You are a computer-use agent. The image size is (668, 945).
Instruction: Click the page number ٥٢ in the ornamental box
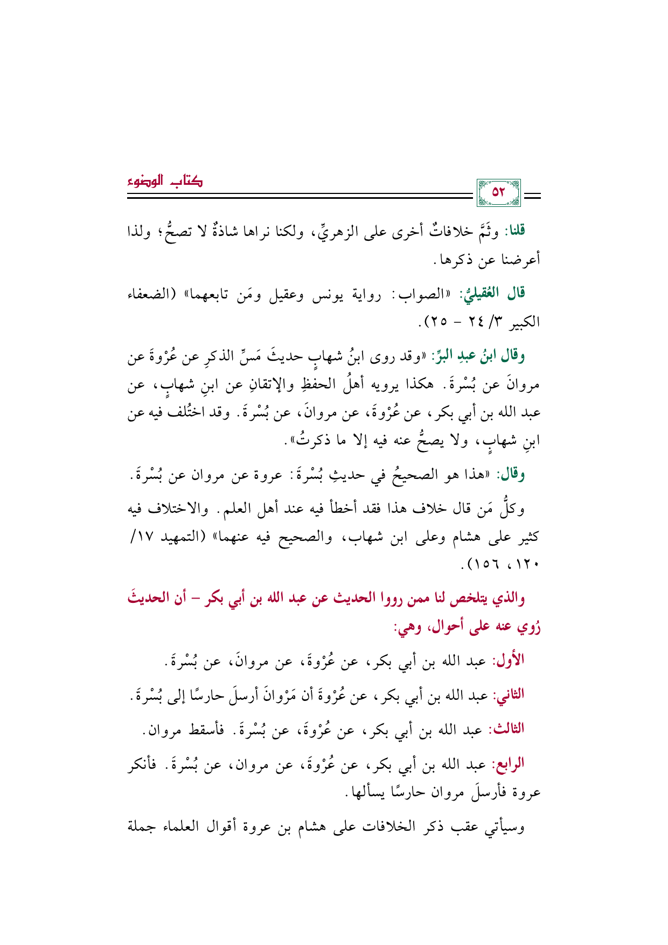[x=498, y=192]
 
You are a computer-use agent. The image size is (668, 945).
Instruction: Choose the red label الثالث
[x=506, y=730]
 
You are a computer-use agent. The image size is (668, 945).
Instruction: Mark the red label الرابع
[x=508, y=765]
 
